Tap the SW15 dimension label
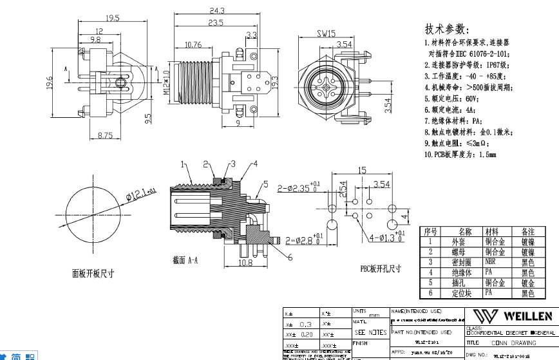326,33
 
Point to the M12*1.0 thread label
166,84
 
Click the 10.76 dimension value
193,44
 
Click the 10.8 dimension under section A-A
245,263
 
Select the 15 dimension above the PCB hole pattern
361,171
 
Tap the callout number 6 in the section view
290,257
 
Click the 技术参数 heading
444,30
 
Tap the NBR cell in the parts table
493,262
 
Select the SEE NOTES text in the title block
371,332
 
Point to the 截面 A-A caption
185,260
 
